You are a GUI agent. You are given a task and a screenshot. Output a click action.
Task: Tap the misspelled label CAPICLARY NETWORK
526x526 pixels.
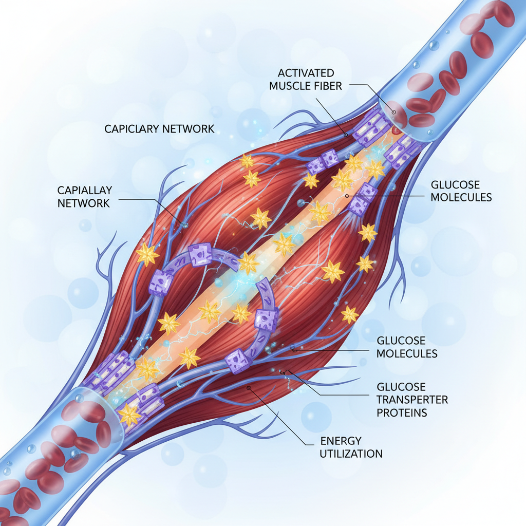click(159, 128)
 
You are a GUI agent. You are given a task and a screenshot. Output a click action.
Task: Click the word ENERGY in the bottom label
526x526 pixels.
click(341, 441)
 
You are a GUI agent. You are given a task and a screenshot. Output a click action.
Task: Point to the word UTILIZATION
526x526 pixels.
click(351, 454)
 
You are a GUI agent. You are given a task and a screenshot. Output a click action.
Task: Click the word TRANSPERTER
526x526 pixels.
click(412, 400)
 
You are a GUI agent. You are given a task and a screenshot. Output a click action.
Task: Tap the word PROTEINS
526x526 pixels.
click(402, 412)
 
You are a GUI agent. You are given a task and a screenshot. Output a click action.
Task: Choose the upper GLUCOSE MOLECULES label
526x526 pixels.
click(461, 191)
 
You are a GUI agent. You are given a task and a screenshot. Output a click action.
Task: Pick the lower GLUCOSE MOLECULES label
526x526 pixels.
click(407, 347)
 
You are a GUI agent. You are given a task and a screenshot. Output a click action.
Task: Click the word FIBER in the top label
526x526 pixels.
click(327, 86)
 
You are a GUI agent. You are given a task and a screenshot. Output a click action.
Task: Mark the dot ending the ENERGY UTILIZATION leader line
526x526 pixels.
click(249, 388)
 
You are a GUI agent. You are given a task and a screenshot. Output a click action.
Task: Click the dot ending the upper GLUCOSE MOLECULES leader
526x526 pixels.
click(347, 196)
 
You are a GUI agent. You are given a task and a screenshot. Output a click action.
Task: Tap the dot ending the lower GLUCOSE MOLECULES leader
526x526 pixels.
click(294, 349)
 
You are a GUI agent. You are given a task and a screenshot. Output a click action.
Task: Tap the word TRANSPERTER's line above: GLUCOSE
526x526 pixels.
click(401, 387)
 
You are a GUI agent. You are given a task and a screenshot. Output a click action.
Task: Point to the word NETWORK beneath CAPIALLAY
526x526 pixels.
click(84, 203)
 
